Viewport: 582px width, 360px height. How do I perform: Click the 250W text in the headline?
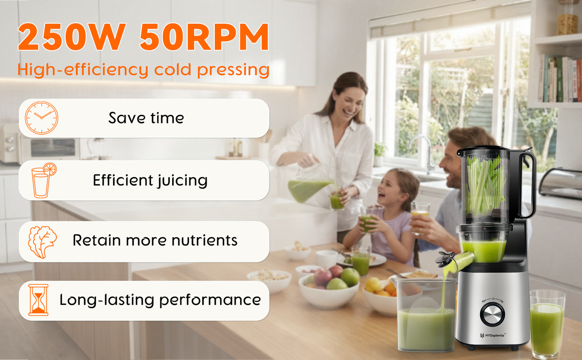(x=71, y=37)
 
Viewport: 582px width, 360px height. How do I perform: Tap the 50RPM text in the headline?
(x=204, y=37)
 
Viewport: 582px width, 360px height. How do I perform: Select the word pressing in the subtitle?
(x=233, y=70)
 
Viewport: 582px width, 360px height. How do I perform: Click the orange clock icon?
(x=42, y=118)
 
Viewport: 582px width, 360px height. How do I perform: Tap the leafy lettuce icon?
(x=42, y=242)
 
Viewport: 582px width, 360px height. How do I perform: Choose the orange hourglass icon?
(x=38, y=300)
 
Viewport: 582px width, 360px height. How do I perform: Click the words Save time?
(x=146, y=118)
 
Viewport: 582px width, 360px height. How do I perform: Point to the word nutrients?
(x=205, y=240)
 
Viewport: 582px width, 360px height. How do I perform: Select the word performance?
(x=210, y=300)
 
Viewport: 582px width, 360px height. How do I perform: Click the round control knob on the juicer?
(x=492, y=314)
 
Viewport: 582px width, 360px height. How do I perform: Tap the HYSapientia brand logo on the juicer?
(x=493, y=335)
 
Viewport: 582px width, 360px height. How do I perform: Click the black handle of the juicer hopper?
(x=528, y=184)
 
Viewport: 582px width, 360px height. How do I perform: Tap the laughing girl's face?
(x=388, y=188)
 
